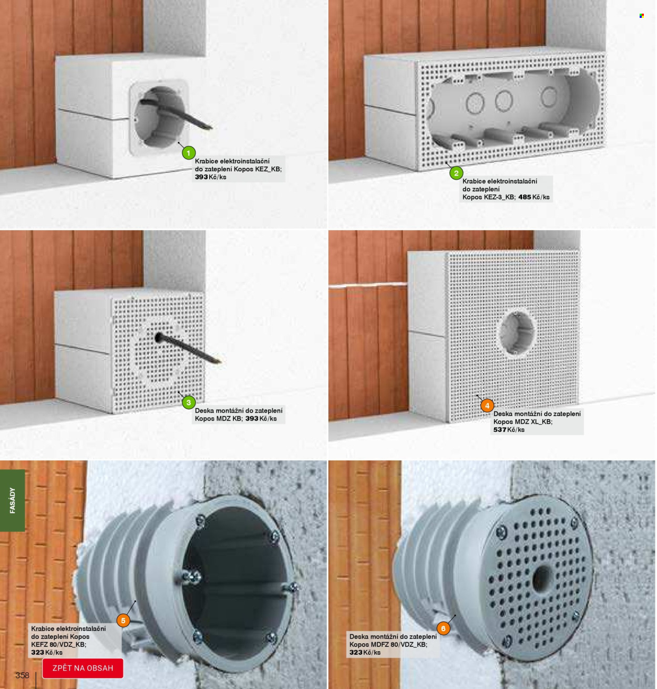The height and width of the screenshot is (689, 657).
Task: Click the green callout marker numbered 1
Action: (x=188, y=153)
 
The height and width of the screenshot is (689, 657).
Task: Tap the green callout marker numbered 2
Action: (x=456, y=173)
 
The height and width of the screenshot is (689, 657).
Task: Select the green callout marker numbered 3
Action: (x=188, y=402)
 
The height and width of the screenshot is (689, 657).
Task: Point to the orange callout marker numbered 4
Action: (x=487, y=405)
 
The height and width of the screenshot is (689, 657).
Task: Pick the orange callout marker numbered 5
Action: (x=123, y=621)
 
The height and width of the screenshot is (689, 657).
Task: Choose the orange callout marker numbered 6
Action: (x=443, y=629)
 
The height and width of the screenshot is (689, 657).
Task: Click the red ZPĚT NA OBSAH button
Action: (x=83, y=668)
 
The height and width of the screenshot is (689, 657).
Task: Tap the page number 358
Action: (x=22, y=675)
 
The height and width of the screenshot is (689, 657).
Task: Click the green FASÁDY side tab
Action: (x=12, y=500)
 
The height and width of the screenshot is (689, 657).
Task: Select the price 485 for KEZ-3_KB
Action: (x=525, y=197)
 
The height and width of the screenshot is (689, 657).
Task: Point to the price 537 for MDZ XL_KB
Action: (x=499, y=430)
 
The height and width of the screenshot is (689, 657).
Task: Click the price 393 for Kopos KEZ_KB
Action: (x=201, y=177)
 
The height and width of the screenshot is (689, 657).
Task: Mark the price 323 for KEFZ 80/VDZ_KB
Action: (x=37, y=652)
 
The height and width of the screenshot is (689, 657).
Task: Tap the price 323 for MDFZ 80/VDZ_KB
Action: (x=356, y=652)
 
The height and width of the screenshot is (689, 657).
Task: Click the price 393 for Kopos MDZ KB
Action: (x=252, y=419)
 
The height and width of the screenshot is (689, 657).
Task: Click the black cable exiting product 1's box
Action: (x=176, y=114)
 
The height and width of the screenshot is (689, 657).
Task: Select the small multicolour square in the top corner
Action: (x=642, y=16)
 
